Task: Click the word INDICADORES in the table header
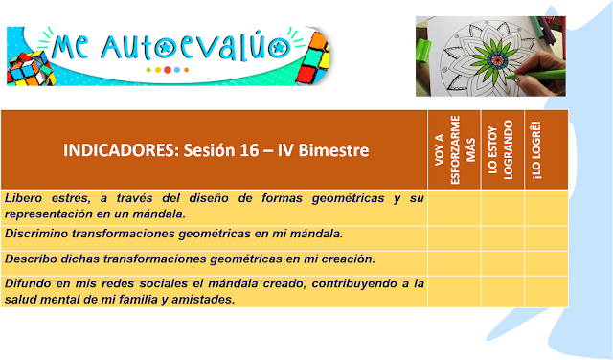(121, 150)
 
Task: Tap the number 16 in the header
(249, 150)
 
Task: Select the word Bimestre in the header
(333, 150)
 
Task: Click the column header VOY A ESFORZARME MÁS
(455, 149)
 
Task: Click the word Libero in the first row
(23, 198)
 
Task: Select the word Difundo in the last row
(28, 283)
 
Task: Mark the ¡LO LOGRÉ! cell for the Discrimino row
(546, 238)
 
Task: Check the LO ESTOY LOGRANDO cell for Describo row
(502, 263)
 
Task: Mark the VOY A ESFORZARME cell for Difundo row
(454, 292)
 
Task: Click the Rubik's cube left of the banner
(31, 69)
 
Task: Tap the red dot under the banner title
(168, 70)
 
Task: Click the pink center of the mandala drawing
(497, 60)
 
